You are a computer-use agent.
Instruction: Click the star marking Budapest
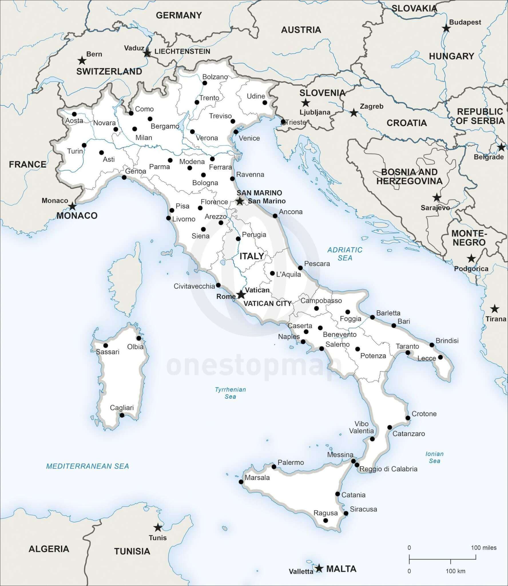[x=446, y=28]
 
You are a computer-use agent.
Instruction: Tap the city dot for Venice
[x=236, y=132]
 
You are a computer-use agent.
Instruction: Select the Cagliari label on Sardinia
[x=122, y=408]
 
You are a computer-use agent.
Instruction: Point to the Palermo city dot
[x=274, y=467]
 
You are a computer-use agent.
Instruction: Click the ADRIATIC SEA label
[x=345, y=254]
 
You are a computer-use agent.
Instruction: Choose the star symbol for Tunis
[x=158, y=527]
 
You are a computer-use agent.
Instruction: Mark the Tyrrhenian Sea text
[x=230, y=393]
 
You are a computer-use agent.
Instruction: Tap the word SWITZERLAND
[x=109, y=72]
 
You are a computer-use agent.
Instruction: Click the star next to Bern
[x=82, y=60]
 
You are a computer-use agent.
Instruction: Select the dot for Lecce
[x=440, y=357]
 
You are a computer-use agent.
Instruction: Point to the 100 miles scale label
[x=484, y=548]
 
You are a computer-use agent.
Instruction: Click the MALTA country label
[x=341, y=569]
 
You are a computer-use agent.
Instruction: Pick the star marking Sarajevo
[x=436, y=197]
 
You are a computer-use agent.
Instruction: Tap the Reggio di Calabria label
[x=388, y=469]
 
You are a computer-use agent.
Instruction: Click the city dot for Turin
[x=84, y=145]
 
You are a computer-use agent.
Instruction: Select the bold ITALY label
[x=252, y=256]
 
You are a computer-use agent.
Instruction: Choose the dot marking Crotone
[x=408, y=418]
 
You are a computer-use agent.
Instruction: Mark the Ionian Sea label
[x=434, y=457]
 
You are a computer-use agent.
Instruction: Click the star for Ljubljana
[x=306, y=102]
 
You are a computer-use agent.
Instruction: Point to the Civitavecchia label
[x=194, y=286]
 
